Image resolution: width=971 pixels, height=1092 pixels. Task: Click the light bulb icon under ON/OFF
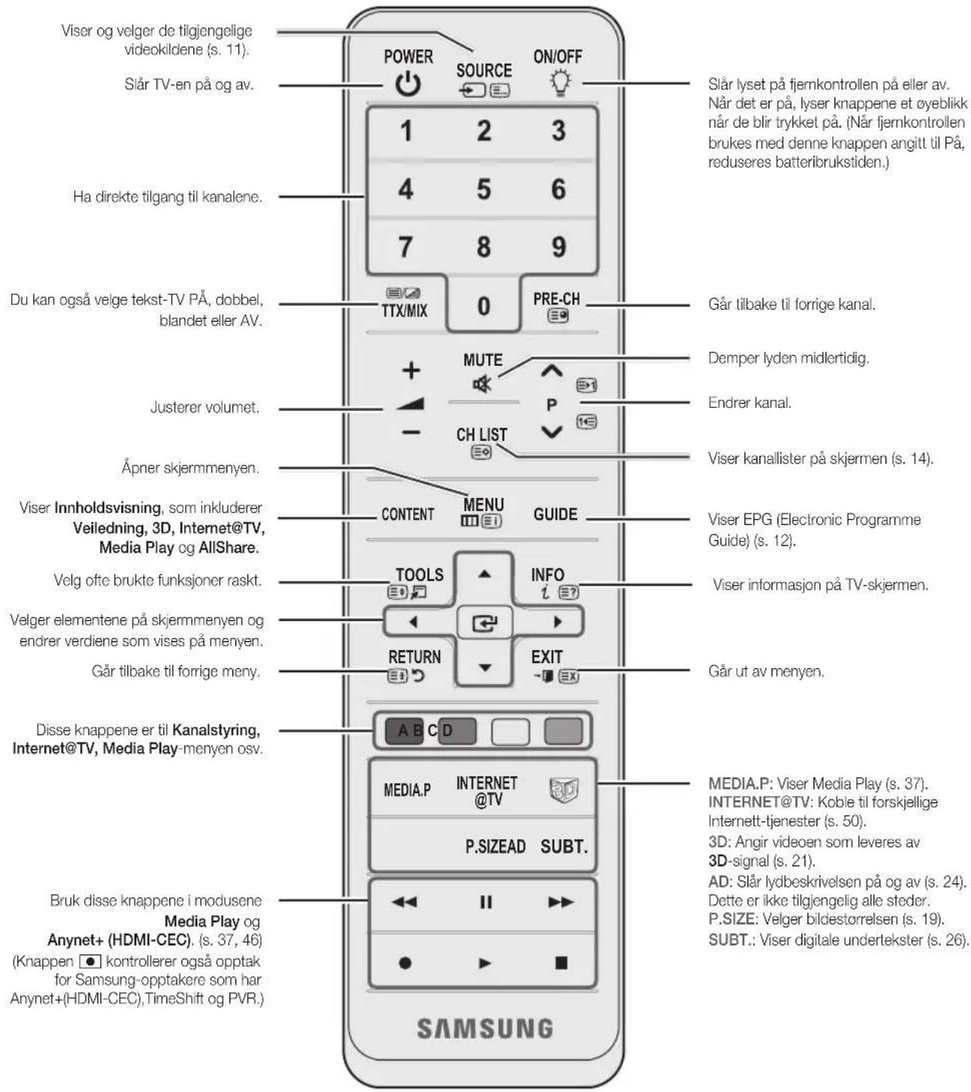click(x=559, y=83)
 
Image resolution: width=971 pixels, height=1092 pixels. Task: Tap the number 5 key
click(x=484, y=189)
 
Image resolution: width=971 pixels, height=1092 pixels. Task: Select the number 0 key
click(x=484, y=306)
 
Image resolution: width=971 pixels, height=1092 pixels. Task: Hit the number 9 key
click(x=559, y=247)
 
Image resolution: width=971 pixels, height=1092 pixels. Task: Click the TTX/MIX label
click(x=404, y=310)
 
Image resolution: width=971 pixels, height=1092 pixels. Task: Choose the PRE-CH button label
click(x=556, y=299)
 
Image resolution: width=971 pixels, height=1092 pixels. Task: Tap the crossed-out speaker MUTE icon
click(x=481, y=384)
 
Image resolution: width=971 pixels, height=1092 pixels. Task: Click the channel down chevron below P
click(x=551, y=432)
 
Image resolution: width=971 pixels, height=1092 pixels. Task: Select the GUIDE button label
click(x=555, y=514)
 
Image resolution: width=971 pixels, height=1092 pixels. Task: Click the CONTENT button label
click(x=407, y=514)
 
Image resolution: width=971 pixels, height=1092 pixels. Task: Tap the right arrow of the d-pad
click(x=558, y=622)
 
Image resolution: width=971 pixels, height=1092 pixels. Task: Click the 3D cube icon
click(x=563, y=790)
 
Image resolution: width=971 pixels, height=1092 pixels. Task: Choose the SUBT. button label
click(x=564, y=847)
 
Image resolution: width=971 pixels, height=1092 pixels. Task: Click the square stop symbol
click(x=560, y=962)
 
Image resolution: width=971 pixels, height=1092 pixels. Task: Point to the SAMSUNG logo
click(x=484, y=1028)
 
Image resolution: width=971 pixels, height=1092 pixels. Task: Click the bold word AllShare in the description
click(x=229, y=547)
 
